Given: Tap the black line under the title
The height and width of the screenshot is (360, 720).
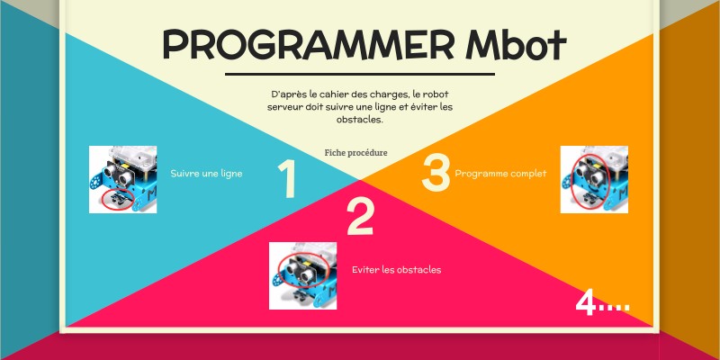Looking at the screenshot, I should pos(360,74).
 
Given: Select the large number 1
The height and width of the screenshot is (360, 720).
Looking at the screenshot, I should pos(287,180).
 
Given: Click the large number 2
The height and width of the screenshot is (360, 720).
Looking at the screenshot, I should pos(360,217).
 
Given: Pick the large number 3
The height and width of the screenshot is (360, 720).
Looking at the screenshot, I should pos(436,173).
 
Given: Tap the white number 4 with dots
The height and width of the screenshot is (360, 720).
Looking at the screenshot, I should pos(602,304).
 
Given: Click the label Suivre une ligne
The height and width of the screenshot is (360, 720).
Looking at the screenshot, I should pos(206,174).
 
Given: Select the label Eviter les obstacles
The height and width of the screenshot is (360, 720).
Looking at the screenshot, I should pos(397,270).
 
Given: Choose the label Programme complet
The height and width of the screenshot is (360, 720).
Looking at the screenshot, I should pos(500,174).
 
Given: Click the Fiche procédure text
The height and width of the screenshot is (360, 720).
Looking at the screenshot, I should pos(356,153).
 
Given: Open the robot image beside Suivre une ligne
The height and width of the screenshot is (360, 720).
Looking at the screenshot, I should pos(123,179).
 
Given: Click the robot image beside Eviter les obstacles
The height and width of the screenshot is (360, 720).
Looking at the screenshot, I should pos(303,275).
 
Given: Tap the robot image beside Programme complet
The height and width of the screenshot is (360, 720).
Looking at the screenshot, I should pos(594,179).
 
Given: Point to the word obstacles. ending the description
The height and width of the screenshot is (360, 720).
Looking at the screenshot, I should pos(360,120).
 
